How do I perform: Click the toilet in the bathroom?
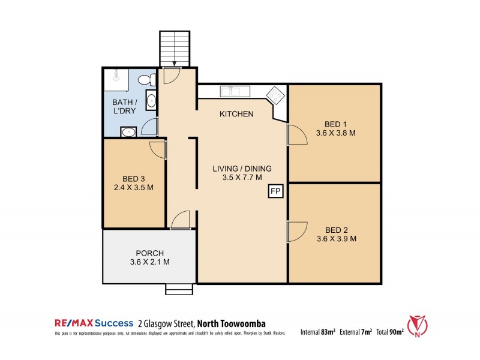pos(152,79)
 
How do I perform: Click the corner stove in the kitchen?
pos(276,95)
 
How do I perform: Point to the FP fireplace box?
pos(275,191)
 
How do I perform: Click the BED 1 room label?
pos(335,124)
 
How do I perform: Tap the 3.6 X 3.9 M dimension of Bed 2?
pos(336,239)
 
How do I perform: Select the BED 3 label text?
pos(134,178)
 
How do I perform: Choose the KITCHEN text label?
pos(236,114)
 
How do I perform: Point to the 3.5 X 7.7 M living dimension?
pos(242,178)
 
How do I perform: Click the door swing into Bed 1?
pos(296,134)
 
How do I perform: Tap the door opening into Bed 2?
pos(296,232)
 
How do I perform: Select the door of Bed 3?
pos(158,149)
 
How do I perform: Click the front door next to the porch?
pos(180,221)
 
